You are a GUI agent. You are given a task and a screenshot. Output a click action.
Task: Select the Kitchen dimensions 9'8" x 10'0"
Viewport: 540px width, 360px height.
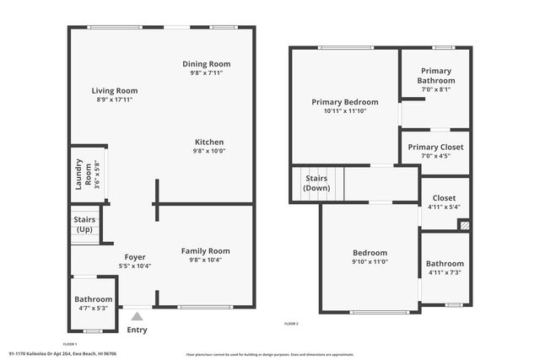(x=209, y=152)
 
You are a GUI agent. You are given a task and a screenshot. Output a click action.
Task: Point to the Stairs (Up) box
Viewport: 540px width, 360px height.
(x=85, y=225)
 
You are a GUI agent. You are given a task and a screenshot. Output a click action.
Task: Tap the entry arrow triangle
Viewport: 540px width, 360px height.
(x=137, y=316)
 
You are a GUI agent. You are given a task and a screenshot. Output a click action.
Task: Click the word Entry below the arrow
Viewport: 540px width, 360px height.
(x=137, y=330)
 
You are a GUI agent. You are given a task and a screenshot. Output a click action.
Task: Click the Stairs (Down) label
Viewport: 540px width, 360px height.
(x=316, y=183)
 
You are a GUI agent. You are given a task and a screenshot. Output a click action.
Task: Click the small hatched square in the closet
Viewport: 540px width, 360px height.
(x=464, y=225)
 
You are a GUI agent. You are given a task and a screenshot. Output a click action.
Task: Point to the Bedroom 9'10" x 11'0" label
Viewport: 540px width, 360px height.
(x=370, y=257)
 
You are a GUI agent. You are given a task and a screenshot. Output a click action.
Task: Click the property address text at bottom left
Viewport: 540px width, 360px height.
(x=62, y=354)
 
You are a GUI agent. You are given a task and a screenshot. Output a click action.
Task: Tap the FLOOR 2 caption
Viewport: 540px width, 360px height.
(x=292, y=323)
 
